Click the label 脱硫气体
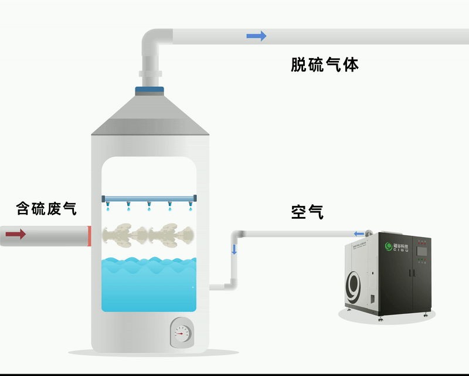tap(324, 65)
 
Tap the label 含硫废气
tap(46, 208)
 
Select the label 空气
tap(307, 212)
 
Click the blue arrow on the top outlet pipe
tap(256, 36)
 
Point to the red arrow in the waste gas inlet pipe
tap(16, 235)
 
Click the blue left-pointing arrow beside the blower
tap(359, 233)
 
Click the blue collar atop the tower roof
tap(150, 90)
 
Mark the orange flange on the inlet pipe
tap(89, 236)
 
